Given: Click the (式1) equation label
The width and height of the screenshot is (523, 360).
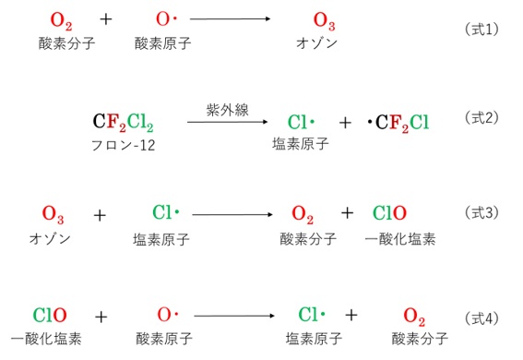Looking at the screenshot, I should pos(481,29).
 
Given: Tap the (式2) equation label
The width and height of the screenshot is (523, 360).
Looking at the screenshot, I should pos(481,118).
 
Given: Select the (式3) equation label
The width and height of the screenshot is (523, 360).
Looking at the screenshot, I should pos(481,212).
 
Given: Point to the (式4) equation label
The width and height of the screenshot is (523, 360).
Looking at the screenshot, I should pos(481,318).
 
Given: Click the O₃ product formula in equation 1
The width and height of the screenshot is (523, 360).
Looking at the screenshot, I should pos(325,19).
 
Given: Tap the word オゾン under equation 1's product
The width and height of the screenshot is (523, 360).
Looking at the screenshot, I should pos(317,43).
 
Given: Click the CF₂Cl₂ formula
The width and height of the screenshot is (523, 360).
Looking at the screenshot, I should pos(124,122).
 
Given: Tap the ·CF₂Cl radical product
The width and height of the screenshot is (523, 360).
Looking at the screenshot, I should pos(398,122).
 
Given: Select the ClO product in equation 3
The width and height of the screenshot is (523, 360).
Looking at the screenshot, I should pos(390,213).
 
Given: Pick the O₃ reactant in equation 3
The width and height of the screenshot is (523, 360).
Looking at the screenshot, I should pos(53,214).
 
